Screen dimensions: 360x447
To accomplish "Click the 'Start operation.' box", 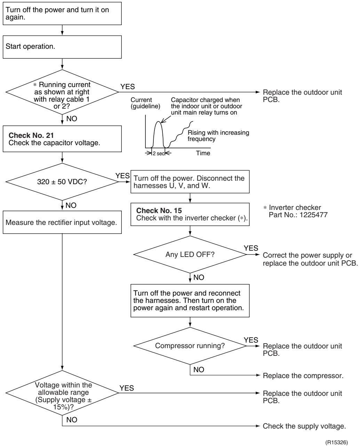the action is pos(62,47).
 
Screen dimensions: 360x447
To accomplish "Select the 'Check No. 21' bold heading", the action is pos(31,135).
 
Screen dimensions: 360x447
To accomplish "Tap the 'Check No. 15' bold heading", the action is pos(159,211).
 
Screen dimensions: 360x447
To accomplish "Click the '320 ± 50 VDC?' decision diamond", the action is pos(62,182).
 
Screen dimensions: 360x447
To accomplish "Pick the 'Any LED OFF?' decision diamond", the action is pos(190,254).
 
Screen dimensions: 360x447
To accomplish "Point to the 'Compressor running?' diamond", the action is pos(190,346).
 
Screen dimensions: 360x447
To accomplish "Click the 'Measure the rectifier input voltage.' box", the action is pos(62,222).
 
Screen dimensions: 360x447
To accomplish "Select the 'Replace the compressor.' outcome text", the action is pos(303,376).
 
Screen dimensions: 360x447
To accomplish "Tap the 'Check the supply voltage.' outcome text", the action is pos(304,426).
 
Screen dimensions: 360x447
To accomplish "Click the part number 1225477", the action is pos(313,215).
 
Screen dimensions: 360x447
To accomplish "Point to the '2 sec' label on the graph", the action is pos(159,154).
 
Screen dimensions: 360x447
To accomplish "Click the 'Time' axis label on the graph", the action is pos(203,153).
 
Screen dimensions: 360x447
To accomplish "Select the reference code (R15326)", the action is pos(337,442).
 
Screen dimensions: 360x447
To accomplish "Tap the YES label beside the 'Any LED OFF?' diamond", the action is pos(251,248).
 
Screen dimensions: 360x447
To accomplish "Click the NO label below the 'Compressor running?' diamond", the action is pos(199,369).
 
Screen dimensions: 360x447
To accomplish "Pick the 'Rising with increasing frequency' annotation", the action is pos(218,136).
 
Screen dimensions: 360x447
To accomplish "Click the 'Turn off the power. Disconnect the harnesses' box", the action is pos(190,182).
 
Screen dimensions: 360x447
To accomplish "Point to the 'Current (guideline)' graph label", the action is pos(145,103).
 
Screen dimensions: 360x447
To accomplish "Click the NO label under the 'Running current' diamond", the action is pos(72,119).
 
